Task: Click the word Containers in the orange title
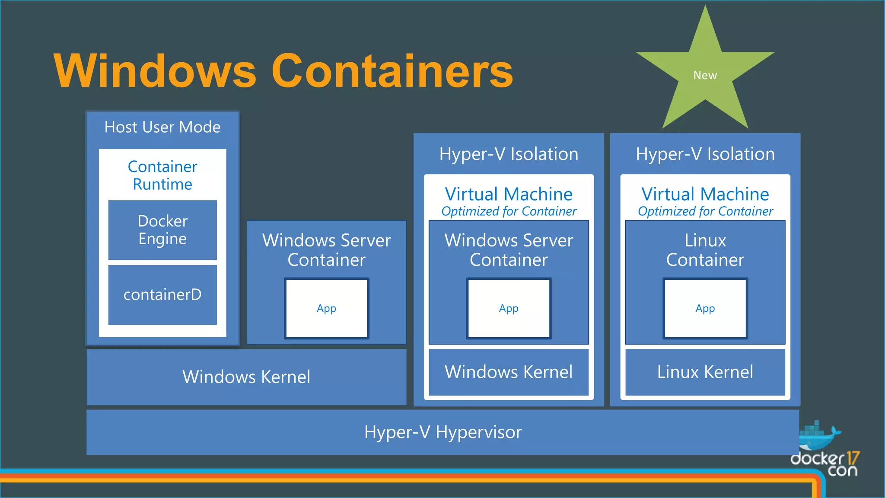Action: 392,71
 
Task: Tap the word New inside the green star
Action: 705,75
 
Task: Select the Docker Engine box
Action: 162,230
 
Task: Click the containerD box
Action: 162,294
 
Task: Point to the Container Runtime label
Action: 162,175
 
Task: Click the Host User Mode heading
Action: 162,127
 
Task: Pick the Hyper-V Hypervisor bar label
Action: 443,432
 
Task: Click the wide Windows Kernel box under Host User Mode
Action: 246,377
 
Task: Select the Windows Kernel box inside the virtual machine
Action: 509,372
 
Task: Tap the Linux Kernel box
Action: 705,372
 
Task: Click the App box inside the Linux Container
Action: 705,308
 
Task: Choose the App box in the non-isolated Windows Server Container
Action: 326,308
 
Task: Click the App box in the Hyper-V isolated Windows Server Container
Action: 509,308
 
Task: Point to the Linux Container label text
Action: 705,250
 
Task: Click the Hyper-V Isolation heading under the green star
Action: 705,154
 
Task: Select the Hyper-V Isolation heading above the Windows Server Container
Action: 509,154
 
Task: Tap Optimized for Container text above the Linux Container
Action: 705,211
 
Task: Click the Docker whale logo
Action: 818,437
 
